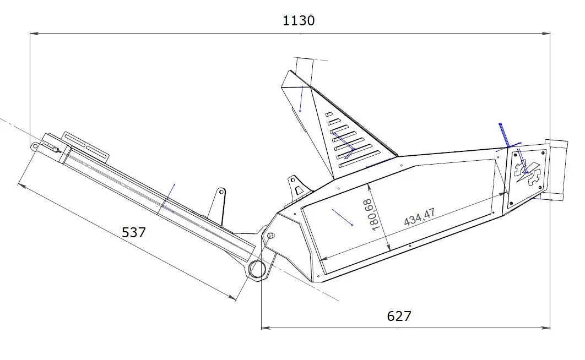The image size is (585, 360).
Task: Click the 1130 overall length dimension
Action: click(x=299, y=20)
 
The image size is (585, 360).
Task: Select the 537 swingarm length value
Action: click(x=134, y=232)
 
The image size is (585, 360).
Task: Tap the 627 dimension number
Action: click(x=399, y=316)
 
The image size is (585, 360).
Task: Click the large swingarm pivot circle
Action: click(x=258, y=270)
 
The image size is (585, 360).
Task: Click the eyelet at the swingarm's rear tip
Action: click(x=35, y=146)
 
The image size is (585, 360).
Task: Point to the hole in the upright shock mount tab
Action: click(x=220, y=194)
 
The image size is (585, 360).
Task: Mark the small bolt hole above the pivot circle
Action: click(x=270, y=236)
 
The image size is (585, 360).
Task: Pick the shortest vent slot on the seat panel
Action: click(x=329, y=114)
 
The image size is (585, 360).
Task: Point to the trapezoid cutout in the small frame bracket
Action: click(x=299, y=190)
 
